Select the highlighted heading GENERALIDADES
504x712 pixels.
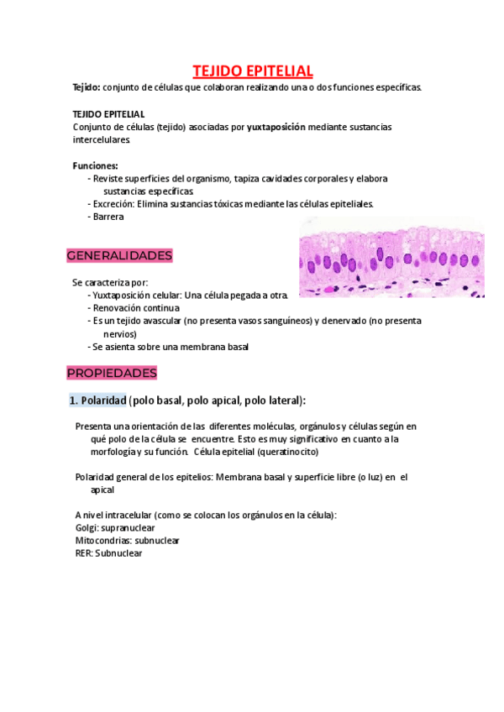(119, 255)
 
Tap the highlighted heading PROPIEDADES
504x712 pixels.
(112, 373)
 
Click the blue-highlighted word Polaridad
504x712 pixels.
(103, 400)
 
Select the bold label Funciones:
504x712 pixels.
(96, 165)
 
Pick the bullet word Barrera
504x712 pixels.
(108, 217)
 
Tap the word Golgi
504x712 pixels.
(86, 527)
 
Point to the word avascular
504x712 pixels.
(176, 321)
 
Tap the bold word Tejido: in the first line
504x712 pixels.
(87, 87)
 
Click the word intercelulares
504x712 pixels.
(102, 139)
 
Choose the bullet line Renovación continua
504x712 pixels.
(136, 308)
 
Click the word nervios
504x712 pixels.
(120, 333)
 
